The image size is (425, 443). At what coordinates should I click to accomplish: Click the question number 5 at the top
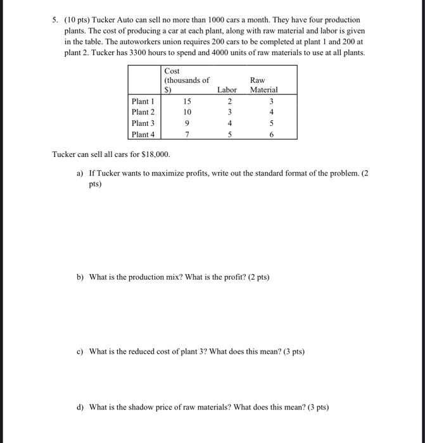(55, 20)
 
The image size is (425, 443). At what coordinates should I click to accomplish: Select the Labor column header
(227, 90)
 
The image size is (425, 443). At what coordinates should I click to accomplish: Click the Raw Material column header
(263, 85)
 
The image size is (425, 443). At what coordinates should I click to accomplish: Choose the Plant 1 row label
(143, 101)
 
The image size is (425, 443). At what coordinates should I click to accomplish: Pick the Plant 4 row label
(143, 134)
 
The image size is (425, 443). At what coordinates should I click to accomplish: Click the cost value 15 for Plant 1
(187, 101)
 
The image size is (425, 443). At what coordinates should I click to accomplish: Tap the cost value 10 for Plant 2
(187, 112)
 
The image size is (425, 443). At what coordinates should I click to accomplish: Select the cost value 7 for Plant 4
(187, 134)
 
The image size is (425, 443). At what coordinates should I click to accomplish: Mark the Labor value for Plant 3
(229, 123)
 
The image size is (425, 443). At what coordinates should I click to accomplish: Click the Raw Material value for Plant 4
(271, 134)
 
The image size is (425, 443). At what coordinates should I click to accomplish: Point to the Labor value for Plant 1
(229, 101)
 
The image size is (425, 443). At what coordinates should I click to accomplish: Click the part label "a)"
(80, 173)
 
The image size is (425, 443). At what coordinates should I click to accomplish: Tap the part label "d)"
(80, 407)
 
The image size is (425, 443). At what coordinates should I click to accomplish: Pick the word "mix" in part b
(169, 277)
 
